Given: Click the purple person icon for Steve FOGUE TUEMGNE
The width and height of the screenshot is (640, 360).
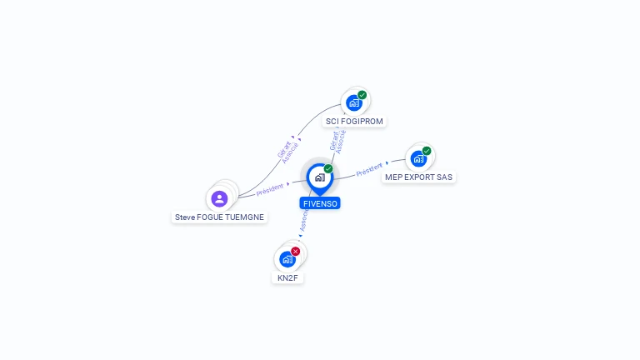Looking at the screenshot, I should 219,198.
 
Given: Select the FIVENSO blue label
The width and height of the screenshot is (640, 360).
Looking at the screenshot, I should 320,203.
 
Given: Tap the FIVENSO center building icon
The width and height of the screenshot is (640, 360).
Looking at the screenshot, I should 319,177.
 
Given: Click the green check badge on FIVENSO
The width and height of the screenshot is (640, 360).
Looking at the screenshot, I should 328,168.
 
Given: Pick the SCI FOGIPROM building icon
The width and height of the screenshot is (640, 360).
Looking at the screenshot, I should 354,102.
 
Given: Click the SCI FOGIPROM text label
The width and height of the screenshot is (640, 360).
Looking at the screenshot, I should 355,122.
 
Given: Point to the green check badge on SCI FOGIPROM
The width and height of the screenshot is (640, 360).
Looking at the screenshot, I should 362,94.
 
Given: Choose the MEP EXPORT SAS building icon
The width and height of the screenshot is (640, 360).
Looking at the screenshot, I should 418,158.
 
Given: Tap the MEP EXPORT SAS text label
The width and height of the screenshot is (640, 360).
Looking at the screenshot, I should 419,177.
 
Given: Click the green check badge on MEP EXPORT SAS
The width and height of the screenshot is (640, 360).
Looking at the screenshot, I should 427,151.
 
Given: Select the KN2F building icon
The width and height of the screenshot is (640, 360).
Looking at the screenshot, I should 287,258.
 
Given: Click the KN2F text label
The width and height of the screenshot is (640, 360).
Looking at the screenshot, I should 287,277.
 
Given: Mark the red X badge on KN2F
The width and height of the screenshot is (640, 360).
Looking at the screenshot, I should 296,251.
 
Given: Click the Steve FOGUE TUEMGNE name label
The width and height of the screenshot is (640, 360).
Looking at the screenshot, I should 219,217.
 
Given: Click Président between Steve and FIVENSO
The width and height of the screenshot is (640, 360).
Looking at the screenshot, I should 270,189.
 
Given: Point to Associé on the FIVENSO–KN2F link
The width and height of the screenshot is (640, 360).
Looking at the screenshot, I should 304,220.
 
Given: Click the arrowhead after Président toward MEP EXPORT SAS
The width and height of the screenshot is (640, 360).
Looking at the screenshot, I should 387,163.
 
